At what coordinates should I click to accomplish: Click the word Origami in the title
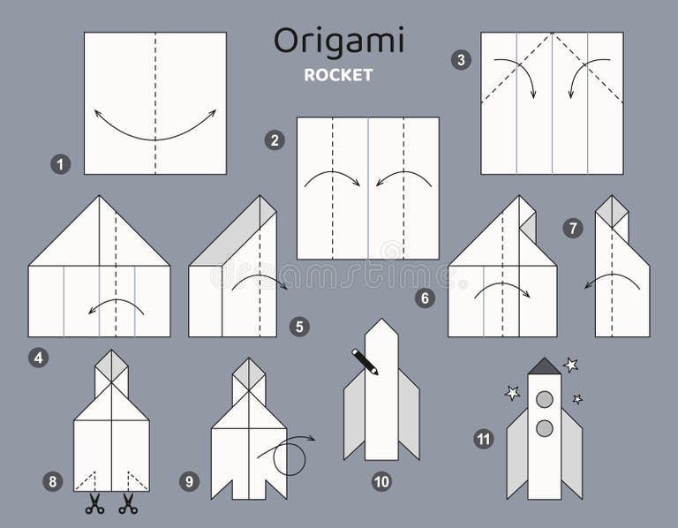tap(338, 41)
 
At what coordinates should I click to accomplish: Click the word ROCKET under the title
tap(338, 75)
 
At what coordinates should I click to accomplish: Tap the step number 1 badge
tap(60, 163)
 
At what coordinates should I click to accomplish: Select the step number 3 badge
tap(460, 60)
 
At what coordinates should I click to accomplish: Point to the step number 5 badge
tap(299, 327)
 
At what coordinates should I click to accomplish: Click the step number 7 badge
tap(573, 229)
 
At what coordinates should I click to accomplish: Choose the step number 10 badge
tap(381, 481)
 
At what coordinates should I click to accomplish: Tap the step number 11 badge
tap(483, 439)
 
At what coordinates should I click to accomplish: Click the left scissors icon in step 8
tap(94, 504)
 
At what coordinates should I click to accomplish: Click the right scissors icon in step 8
tap(128, 504)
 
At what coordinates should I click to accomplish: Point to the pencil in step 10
tap(365, 361)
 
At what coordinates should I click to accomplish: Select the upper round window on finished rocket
tap(545, 399)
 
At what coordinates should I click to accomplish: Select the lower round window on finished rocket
tap(545, 428)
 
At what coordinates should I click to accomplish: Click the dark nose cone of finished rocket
tap(545, 366)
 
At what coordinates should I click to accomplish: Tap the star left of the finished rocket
tap(512, 392)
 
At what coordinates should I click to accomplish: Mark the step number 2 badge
tap(275, 140)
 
